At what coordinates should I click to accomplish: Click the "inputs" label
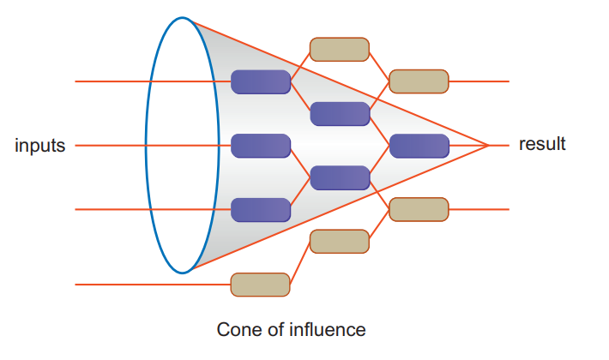[40, 146]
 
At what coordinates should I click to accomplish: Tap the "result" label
[542, 144]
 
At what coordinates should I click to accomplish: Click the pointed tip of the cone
[488, 146]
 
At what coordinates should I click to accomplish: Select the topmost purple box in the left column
[261, 81]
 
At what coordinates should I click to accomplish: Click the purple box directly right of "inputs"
[261, 146]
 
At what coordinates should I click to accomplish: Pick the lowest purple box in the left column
[261, 209]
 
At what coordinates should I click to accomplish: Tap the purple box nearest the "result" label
[419, 146]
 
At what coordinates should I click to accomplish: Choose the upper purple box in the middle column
[340, 113]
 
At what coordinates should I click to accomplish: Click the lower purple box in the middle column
[340, 177]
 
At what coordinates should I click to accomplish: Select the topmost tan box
[340, 50]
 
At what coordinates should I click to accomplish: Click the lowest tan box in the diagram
[261, 284]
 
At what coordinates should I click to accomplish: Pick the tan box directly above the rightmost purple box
[419, 81]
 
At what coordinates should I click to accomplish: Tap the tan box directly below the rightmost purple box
[419, 209]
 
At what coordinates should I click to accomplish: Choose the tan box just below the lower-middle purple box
[340, 241]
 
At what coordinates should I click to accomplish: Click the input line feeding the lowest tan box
[154, 284]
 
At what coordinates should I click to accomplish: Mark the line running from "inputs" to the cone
[112, 146]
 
